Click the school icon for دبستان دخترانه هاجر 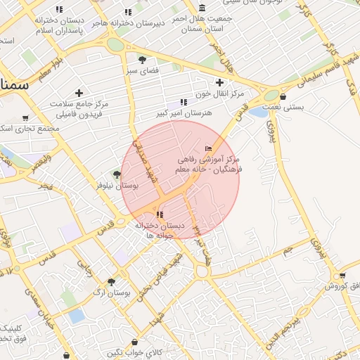pyautogui.click(x=128, y=12)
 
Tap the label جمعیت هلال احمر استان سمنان pyautogui.click(x=202, y=23)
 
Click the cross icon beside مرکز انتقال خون pyautogui.click(x=219, y=82)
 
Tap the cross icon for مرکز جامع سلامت pyautogui.click(x=79, y=93)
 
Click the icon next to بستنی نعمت pyautogui.click(x=283, y=97)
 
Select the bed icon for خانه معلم pyautogui.click(x=207, y=148)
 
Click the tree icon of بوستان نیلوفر pyautogui.click(x=117, y=174)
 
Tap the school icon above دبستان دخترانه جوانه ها pyautogui.click(x=160, y=214)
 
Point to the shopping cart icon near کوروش pyautogui.click(x=342, y=275)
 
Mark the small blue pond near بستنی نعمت pyautogui.click(x=258, y=112)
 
